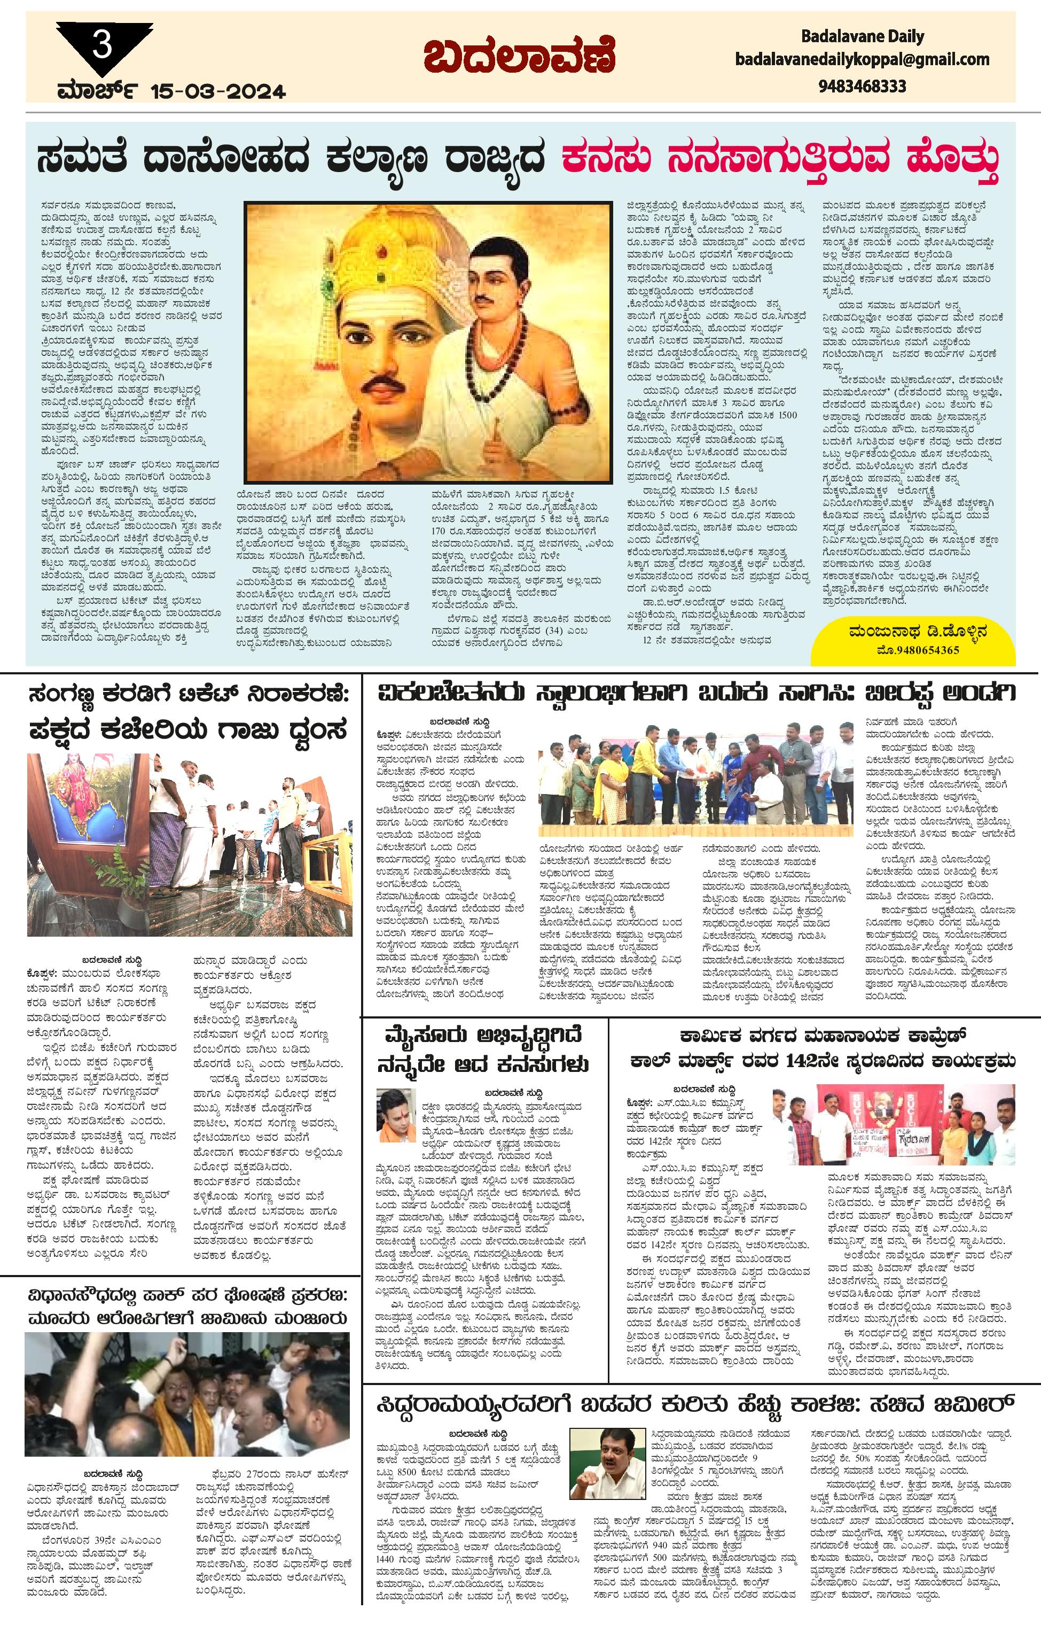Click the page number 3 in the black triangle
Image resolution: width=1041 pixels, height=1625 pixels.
[102, 46]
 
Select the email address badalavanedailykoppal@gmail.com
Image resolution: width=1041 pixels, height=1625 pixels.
[862, 59]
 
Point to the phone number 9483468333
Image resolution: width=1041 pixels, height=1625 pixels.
[862, 87]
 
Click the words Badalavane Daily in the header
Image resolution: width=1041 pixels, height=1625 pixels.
[862, 36]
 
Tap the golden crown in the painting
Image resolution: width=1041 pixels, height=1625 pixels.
[369, 257]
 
